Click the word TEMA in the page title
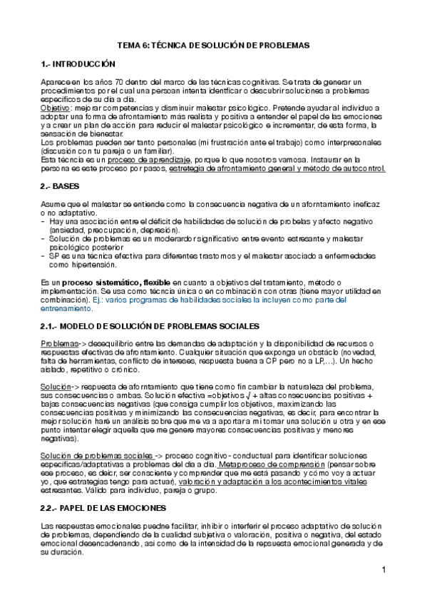[129, 45]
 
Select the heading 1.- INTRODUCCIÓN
[78, 64]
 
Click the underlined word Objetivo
[56, 108]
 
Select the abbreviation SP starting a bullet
[54, 255]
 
